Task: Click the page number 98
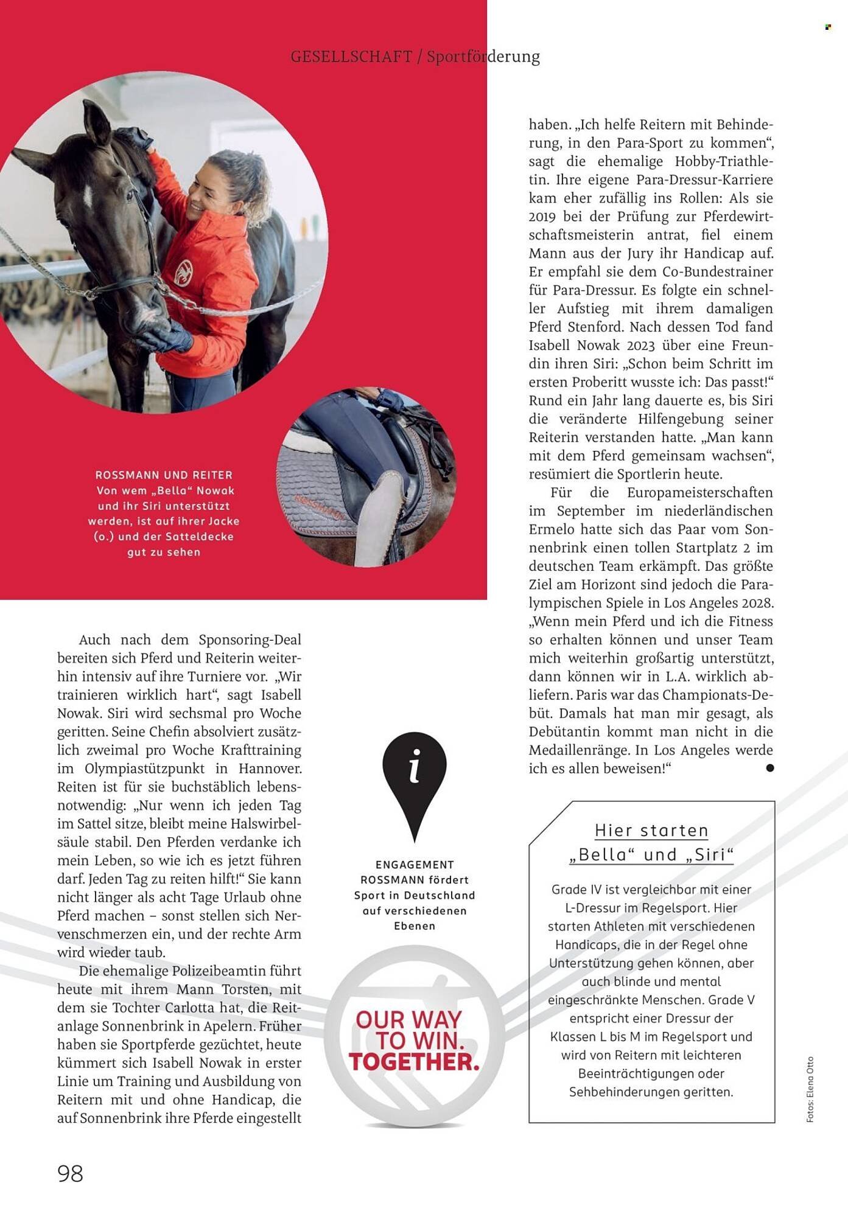click(x=70, y=1173)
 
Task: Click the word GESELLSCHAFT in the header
click(x=351, y=57)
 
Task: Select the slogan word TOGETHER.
click(x=414, y=1062)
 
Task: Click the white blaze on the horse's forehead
click(x=88, y=196)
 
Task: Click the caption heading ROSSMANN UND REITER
click(x=164, y=475)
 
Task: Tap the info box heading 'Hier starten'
click(x=651, y=831)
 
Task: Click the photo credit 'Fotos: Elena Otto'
click(x=810, y=1089)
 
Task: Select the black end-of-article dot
click(x=770, y=768)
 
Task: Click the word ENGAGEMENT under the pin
click(x=415, y=864)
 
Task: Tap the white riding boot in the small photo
click(x=378, y=517)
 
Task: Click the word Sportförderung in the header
click(x=483, y=57)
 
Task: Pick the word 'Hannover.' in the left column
click(x=270, y=768)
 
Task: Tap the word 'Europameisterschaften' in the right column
click(x=700, y=492)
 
